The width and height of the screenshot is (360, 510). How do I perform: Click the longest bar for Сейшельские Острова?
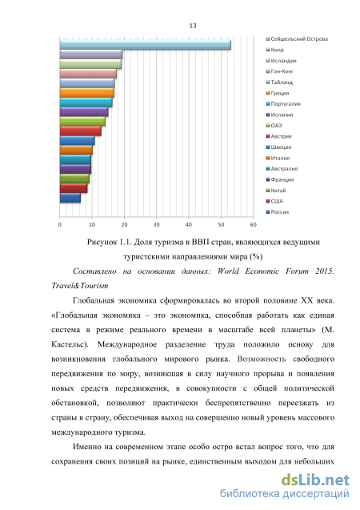146,45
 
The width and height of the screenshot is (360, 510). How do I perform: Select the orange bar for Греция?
86,93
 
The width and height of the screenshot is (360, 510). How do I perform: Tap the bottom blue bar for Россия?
70,198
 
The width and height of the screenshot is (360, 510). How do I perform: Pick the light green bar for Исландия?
90,64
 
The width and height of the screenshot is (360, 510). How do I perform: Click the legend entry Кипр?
275,50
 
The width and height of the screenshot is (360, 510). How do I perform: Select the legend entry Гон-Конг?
280,71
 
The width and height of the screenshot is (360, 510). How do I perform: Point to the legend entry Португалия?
283,104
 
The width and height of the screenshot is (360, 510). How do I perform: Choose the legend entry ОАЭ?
274,126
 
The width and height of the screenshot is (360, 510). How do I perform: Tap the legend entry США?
274,201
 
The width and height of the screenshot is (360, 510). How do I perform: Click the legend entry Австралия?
282,168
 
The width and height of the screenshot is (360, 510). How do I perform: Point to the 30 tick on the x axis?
157,224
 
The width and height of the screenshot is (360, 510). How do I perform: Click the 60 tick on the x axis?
253,224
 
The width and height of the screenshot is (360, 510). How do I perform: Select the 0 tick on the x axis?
60,224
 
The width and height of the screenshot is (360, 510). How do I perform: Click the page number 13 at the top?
193,26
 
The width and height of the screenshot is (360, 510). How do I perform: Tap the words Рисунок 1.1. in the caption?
109,242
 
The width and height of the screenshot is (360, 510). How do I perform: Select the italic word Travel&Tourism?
80,286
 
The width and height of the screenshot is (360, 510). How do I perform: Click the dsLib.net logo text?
315,480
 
